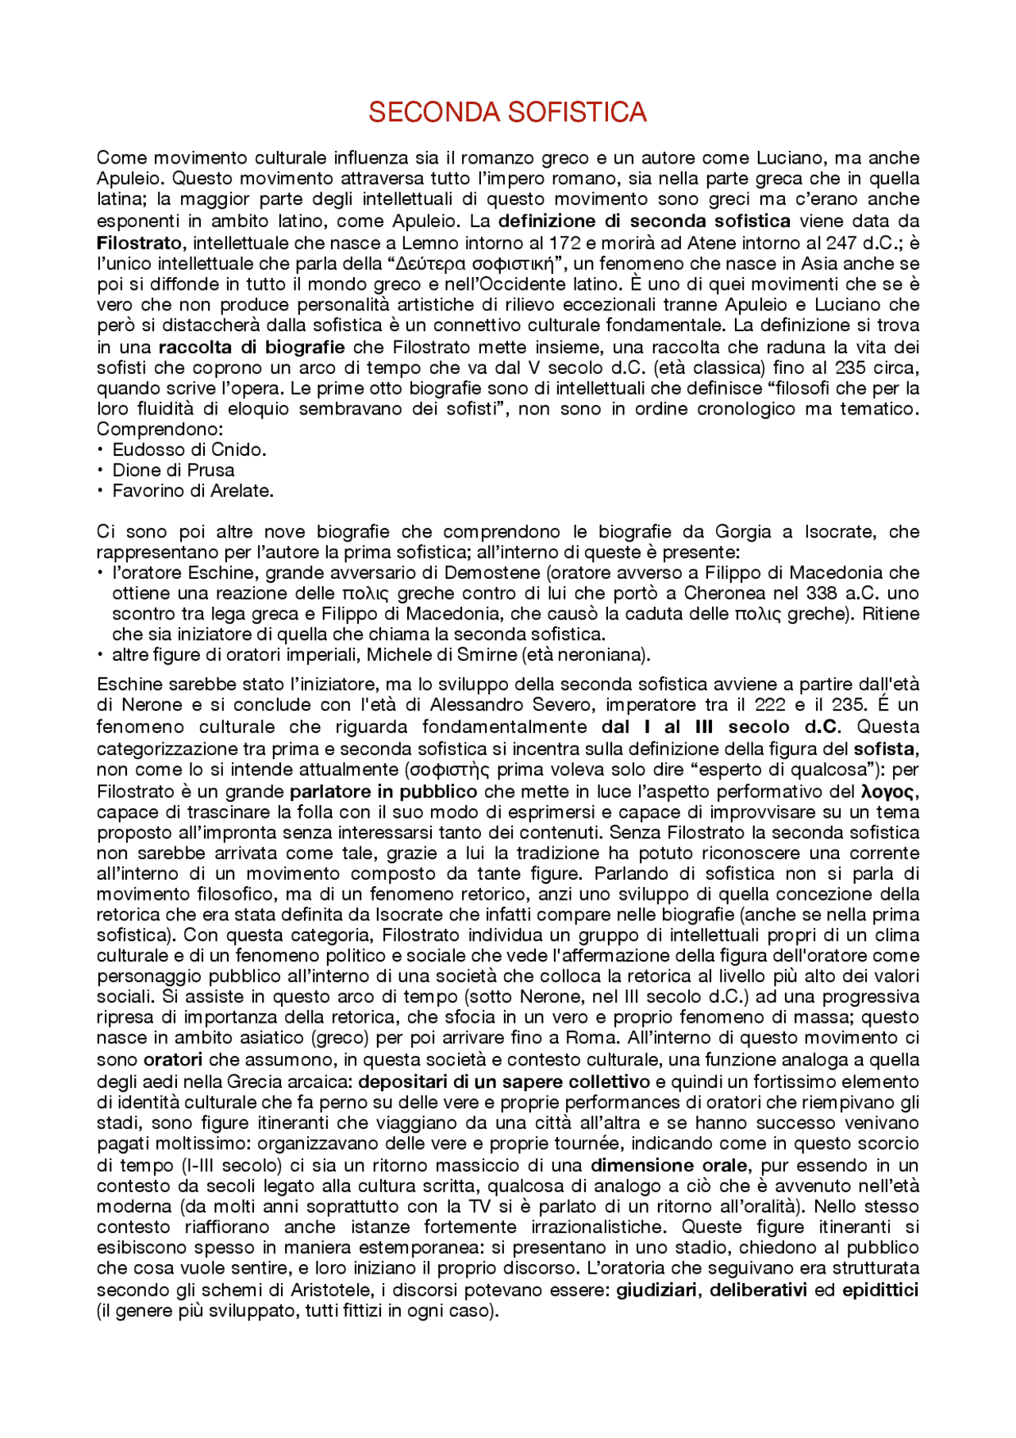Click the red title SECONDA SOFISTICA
pyautogui.click(x=507, y=112)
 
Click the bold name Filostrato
pyautogui.click(x=139, y=243)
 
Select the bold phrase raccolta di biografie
pyautogui.click(x=252, y=347)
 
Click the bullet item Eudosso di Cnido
pyautogui.click(x=189, y=449)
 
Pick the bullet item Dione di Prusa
pyautogui.click(x=173, y=470)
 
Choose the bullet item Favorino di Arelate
pyautogui.click(x=193, y=491)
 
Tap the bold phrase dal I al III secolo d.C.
pyautogui.click(x=719, y=727)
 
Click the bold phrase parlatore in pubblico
pyautogui.click(x=383, y=792)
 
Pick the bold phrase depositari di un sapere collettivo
pyautogui.click(x=504, y=1081)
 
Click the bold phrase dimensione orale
pyautogui.click(x=668, y=1166)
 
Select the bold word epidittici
pyautogui.click(x=879, y=1290)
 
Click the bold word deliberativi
pyautogui.click(x=757, y=1290)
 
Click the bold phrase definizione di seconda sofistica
pyautogui.click(x=644, y=221)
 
